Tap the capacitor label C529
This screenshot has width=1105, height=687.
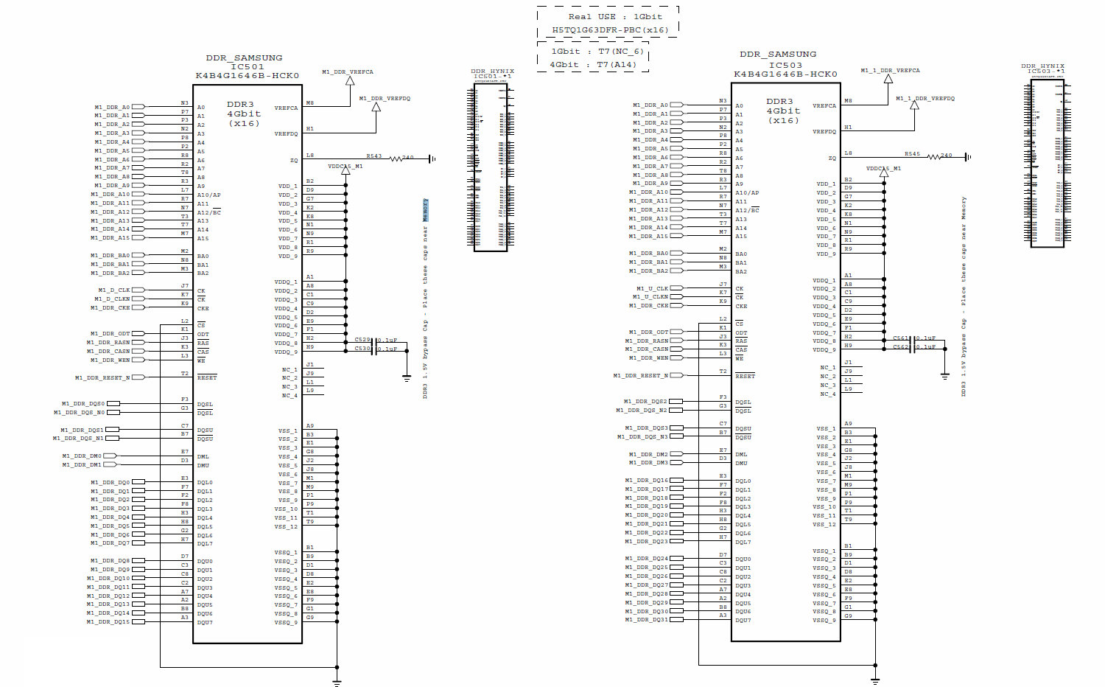(x=362, y=340)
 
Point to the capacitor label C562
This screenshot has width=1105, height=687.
(x=901, y=347)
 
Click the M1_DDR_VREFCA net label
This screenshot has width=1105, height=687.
(x=347, y=72)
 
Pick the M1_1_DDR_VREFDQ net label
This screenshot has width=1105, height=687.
(x=925, y=99)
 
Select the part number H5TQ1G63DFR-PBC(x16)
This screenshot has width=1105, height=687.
(x=609, y=30)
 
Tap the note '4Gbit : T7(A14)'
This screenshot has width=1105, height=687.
(x=592, y=65)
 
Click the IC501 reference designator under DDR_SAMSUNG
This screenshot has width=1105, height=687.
(x=248, y=66)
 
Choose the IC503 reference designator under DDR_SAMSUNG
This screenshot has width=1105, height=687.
(x=785, y=65)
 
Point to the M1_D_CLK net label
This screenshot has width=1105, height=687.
(x=113, y=290)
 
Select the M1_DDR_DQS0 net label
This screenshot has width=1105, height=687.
(x=83, y=404)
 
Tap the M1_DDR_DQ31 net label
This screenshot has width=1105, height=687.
(x=646, y=620)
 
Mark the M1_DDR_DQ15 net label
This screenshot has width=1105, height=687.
(x=108, y=622)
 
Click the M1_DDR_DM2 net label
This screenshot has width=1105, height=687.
(x=648, y=455)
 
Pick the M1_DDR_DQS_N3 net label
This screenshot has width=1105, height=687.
(x=642, y=437)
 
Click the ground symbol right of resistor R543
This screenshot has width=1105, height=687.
(x=432, y=158)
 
